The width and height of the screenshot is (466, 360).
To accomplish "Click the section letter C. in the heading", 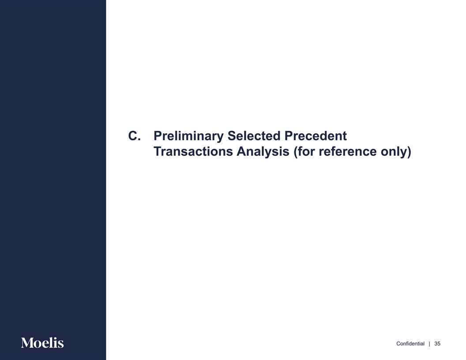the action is [134, 136].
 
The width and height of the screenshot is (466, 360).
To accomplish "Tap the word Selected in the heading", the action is [254, 136].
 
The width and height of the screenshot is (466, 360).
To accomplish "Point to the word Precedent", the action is [316, 136].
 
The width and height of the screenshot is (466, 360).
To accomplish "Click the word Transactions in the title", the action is [193, 151].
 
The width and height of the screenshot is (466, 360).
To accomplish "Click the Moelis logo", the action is [42, 343].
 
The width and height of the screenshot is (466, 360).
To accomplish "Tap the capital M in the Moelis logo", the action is [27, 343].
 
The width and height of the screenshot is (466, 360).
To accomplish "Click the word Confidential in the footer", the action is [410, 344].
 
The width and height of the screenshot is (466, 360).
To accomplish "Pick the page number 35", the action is [437, 344].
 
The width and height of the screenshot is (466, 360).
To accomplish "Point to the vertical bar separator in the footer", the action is [429, 344].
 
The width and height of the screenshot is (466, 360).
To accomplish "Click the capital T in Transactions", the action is [158, 151].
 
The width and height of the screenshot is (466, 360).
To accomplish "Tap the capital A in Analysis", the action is [242, 151].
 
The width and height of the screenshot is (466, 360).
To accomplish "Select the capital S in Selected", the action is [232, 136].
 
